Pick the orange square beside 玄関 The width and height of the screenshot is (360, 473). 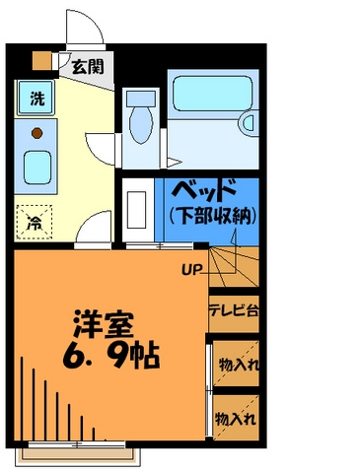[42, 60]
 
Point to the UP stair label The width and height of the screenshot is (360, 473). [191, 267]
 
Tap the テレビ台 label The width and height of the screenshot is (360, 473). [234, 310]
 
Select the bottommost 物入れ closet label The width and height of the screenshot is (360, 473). [237, 418]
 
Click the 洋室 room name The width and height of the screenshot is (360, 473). [103, 323]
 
